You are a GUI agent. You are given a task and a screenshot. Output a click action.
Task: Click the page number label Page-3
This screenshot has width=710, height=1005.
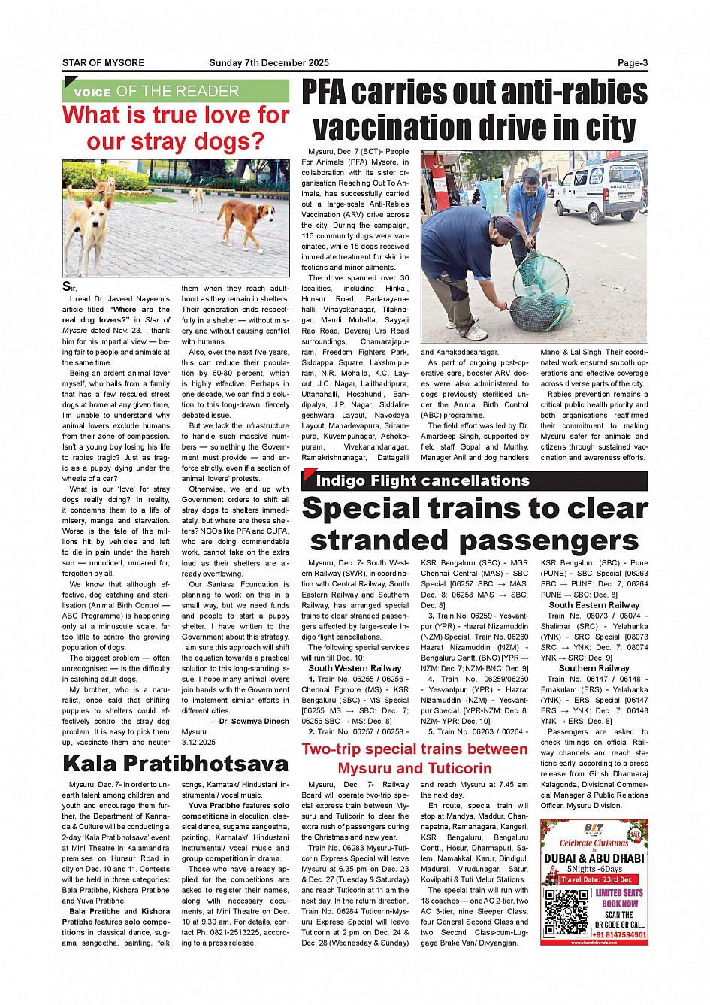click(633, 63)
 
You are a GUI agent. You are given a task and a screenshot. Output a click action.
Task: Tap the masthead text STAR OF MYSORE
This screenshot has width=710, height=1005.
click(103, 63)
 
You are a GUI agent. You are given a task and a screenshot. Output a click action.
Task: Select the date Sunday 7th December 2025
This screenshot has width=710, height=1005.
click(269, 63)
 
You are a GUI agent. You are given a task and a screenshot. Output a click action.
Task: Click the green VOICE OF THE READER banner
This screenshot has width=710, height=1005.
click(176, 92)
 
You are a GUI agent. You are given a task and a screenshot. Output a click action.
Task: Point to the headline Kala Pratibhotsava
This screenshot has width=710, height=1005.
click(176, 764)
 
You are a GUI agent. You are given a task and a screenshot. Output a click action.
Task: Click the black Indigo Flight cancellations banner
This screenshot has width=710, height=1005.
click(474, 481)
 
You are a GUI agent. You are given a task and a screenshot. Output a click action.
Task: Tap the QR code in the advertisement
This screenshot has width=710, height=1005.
click(567, 911)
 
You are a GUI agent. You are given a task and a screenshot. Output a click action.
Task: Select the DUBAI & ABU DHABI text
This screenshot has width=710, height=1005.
click(594, 858)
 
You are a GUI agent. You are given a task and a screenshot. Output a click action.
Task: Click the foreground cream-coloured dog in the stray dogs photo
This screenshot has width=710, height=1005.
click(89, 226)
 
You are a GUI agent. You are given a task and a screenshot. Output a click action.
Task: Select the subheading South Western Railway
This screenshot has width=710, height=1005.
click(355, 668)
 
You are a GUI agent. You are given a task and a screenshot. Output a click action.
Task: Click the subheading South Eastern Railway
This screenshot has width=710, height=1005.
click(594, 605)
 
